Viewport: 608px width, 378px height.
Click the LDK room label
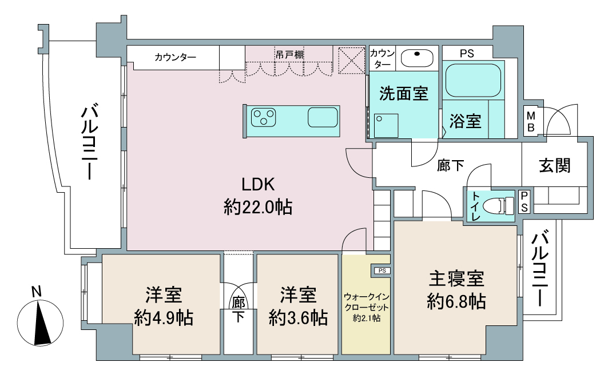coord(259,185)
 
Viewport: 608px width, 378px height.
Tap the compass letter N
coord(37,292)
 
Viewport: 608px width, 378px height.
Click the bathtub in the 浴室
coord(474,80)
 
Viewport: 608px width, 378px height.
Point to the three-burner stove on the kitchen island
coord(264,117)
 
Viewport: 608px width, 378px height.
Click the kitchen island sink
coord(323,117)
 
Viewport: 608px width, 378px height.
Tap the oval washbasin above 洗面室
coord(417,58)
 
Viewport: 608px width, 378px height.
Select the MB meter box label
coord(531,121)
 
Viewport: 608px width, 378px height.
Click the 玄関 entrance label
coord(555,165)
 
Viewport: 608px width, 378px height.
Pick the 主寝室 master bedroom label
coord(456,278)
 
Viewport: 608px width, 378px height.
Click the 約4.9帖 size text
coord(164,319)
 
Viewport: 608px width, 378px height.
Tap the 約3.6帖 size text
coord(298,319)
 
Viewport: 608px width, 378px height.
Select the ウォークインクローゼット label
coord(367,303)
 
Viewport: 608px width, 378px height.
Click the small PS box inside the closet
coord(382,270)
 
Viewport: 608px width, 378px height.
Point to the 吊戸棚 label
coord(289,55)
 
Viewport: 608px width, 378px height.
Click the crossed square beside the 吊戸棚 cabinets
coord(352,61)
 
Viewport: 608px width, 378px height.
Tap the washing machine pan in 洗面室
coord(386,126)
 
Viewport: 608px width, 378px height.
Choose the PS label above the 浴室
coord(467,54)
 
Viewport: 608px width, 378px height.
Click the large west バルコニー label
coord(89,141)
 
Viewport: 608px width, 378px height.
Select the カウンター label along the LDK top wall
coord(175,57)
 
